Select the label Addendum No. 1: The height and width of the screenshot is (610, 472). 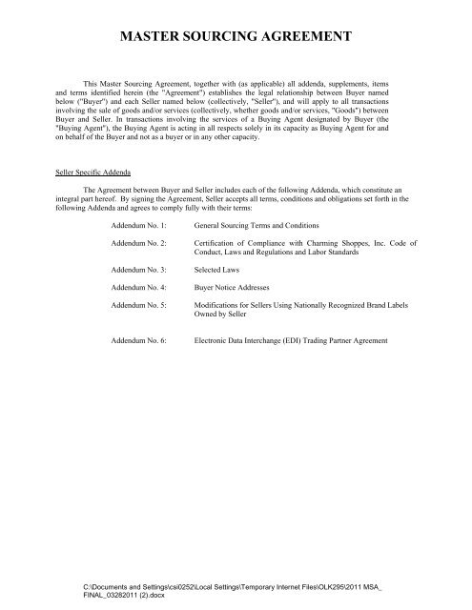pos(139,226)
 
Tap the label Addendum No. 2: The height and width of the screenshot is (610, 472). pos(139,245)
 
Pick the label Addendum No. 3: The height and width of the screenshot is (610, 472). pos(139,271)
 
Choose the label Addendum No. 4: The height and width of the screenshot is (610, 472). pos(139,288)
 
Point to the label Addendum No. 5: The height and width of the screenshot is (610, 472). pos(139,305)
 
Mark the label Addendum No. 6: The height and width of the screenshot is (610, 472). pos(139,339)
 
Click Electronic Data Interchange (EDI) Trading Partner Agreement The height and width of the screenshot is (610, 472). pos(298,339)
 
